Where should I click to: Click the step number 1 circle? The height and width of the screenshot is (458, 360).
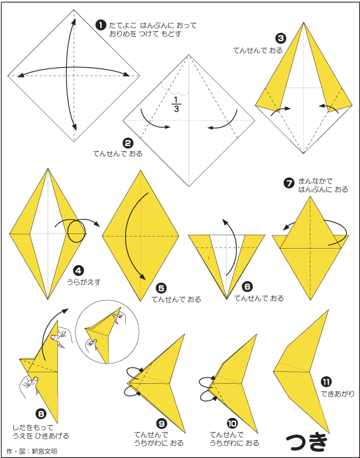pyautogui.click(x=101, y=25)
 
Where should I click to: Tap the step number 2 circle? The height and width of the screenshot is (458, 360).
pyautogui.click(x=128, y=143)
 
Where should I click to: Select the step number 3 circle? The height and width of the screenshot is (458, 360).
pyautogui.click(x=281, y=38)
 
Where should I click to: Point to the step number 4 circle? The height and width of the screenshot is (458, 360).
pyautogui.click(x=79, y=271)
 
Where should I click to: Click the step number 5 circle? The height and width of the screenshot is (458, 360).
pyautogui.click(x=161, y=289)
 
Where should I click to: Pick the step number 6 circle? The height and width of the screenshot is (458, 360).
pyautogui.click(x=248, y=287)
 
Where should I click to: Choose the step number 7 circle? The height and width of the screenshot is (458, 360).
pyautogui.click(x=289, y=183)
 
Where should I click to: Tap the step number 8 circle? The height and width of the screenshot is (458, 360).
pyautogui.click(x=41, y=414)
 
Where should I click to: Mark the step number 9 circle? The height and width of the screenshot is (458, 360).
pyautogui.click(x=161, y=423)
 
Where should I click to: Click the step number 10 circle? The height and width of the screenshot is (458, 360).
pyautogui.click(x=232, y=423)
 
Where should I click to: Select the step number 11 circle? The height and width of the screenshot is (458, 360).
pyautogui.click(x=326, y=382)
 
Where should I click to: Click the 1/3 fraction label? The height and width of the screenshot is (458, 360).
pyautogui.click(x=176, y=105)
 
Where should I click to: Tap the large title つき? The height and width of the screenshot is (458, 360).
pyautogui.click(x=306, y=443)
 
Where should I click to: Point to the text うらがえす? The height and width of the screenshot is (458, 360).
pyautogui.click(x=84, y=282)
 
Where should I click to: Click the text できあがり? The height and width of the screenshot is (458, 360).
pyautogui.click(x=338, y=394)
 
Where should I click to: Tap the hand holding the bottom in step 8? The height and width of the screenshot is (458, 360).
pyautogui.click(x=29, y=386)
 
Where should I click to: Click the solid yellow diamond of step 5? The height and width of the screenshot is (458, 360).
pyautogui.click(x=140, y=235)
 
